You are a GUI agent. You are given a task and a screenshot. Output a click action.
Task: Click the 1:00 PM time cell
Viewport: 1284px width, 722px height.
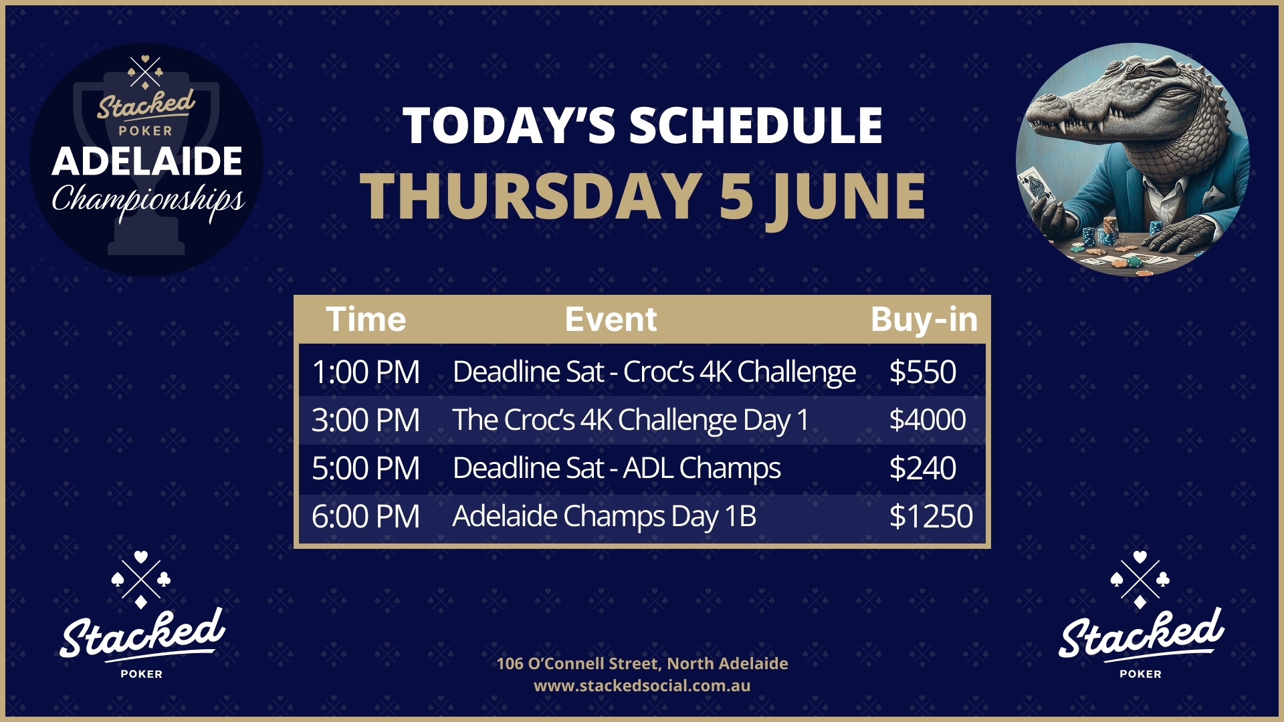point(366,372)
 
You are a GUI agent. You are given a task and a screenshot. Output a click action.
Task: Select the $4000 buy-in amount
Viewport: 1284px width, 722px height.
point(927,420)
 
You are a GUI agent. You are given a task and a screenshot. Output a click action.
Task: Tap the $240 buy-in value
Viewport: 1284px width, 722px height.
point(922,468)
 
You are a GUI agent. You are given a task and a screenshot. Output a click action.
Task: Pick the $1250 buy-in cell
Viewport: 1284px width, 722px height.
point(930,516)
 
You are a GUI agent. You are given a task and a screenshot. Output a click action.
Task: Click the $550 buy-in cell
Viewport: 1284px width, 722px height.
point(922,372)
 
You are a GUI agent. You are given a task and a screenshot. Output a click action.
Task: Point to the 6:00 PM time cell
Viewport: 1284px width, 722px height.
point(366,516)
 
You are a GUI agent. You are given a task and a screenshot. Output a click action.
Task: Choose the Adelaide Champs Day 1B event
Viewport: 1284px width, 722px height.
point(605,516)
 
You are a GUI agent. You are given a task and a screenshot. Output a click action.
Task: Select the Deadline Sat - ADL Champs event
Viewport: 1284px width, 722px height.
point(617,468)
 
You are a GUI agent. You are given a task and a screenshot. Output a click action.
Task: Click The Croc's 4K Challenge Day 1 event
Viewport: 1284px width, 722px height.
point(631,420)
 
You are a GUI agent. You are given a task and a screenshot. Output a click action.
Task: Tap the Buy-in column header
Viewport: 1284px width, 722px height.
point(924,320)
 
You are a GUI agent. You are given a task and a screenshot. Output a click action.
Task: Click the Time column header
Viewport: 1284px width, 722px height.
point(366,320)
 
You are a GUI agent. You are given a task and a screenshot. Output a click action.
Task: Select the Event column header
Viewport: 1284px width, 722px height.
point(611,320)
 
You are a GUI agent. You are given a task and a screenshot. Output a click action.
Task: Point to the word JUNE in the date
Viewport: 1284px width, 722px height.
point(846,196)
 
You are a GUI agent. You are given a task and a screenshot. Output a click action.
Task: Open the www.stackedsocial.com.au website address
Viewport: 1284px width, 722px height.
point(642,686)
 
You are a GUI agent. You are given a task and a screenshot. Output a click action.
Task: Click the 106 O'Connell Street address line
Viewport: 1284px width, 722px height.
point(642,663)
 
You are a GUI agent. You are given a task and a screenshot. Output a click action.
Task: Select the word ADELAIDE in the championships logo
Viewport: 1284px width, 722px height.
point(147,161)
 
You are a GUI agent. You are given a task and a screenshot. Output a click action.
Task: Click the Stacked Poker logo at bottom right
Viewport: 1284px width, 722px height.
point(1141,615)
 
